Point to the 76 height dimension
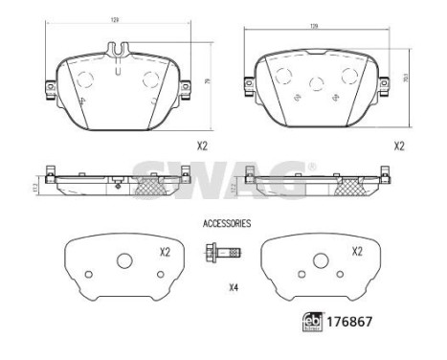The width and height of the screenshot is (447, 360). (209, 81)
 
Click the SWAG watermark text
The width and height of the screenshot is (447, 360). (223, 174)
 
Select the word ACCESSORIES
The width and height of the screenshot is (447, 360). (227, 223)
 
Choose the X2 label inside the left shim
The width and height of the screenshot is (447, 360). (165, 252)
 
